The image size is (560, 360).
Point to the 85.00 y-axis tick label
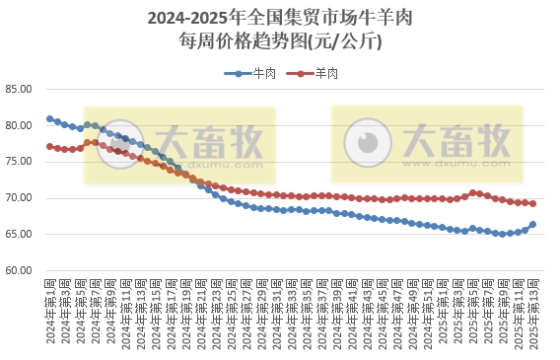[20, 89]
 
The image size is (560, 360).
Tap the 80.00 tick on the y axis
[20, 125]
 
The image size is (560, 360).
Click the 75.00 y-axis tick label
[20, 162]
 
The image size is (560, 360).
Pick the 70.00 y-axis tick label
[20, 198]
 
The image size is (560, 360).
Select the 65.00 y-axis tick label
[20, 234]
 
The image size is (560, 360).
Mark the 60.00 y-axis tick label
[20, 270]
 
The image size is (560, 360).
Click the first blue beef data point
[49, 119]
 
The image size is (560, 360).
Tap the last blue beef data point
[533, 224]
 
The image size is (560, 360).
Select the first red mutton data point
[49, 147]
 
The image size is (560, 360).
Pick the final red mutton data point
[533, 204]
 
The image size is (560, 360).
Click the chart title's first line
[279, 18]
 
